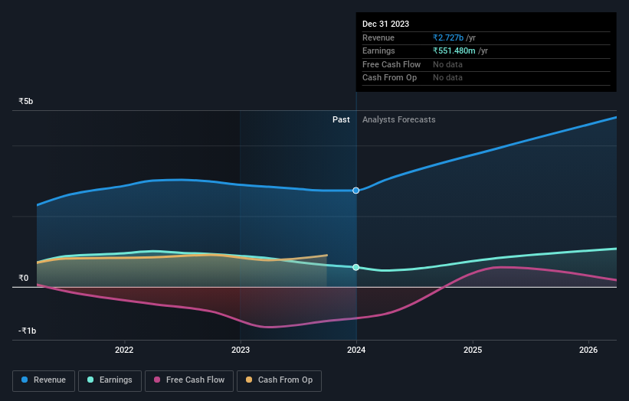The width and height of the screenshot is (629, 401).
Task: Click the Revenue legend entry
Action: point(44,380)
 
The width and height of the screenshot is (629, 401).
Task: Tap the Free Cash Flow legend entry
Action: point(189,380)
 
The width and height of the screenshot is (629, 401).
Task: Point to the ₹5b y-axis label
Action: point(26,101)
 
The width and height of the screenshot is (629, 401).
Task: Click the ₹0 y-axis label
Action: point(24,278)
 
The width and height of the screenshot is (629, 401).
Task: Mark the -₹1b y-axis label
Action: point(26,331)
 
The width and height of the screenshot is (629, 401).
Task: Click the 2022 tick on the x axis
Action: point(124,350)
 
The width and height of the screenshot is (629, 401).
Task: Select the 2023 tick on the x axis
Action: point(241,350)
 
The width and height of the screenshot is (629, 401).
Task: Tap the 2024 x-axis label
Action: point(356,350)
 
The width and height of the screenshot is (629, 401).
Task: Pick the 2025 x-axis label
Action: point(473,350)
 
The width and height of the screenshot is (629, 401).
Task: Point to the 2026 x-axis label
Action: point(588,350)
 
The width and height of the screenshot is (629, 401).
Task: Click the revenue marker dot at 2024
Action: point(356,191)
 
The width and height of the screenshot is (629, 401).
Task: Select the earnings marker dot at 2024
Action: point(356,267)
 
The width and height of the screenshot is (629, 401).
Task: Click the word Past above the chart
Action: point(341,119)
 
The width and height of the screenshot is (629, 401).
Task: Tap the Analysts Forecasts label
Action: point(398,119)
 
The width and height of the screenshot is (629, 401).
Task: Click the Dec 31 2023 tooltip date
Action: point(385,24)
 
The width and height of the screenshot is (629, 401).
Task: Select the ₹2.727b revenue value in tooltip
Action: point(454,37)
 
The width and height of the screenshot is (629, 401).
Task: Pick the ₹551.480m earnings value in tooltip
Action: point(460,51)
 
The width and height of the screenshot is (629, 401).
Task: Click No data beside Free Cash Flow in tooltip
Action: point(447,64)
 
